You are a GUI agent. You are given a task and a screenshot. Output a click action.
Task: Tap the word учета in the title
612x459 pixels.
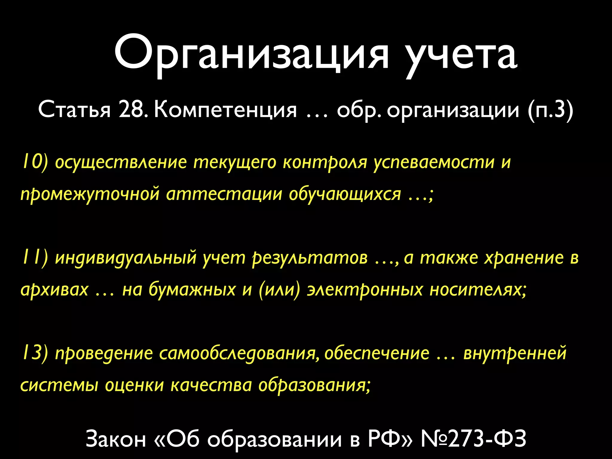tap(462, 56)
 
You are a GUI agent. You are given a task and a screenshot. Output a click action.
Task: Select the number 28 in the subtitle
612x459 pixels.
tap(131, 110)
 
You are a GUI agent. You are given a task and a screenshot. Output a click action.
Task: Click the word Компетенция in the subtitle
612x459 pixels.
tap(226, 110)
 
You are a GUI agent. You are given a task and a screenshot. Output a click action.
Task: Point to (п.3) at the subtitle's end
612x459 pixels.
tap(550, 110)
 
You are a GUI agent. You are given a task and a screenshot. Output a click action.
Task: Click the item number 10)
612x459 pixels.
tap(35, 162)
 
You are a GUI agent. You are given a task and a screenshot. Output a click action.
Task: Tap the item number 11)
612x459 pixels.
tap(35, 258)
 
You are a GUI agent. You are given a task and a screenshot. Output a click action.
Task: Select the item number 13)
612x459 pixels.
tap(35, 353)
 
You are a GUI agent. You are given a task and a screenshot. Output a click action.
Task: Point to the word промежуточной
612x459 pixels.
tap(90, 195)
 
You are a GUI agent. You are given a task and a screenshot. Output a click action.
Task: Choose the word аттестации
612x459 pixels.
tap(224, 194)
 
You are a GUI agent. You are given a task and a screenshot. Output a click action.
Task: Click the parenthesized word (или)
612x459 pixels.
tap(279, 289)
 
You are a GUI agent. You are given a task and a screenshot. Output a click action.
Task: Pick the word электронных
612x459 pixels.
tap(365, 289)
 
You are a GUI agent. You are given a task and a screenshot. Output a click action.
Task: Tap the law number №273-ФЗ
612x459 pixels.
tap(473, 439)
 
